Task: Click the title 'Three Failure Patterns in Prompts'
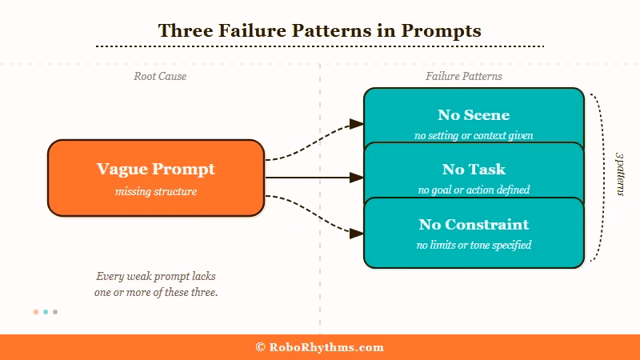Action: point(319,30)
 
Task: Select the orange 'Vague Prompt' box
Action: point(156,178)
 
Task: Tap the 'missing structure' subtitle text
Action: point(156,192)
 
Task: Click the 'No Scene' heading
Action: point(474,115)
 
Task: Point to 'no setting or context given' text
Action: point(474,135)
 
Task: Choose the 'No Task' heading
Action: point(474,170)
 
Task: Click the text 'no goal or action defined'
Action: point(474,190)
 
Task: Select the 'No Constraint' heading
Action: point(474,224)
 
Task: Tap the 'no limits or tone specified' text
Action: point(474,245)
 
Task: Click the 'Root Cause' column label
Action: point(160,77)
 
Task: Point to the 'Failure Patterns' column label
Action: point(464,77)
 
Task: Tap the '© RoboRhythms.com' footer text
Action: point(319,347)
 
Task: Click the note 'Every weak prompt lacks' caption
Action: point(156,277)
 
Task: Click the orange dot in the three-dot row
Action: point(36,312)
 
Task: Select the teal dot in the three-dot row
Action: point(46,312)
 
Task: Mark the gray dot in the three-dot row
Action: point(55,312)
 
